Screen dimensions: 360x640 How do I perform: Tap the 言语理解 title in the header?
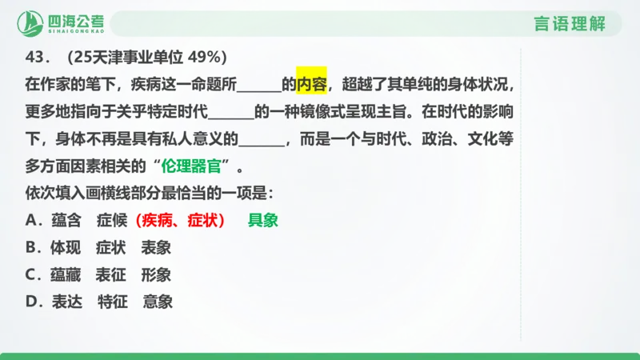568,23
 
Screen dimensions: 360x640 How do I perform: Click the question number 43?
38,58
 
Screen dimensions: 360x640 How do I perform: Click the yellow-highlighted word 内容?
311,83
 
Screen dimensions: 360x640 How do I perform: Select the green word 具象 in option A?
262,221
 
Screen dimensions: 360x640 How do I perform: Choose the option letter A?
30,221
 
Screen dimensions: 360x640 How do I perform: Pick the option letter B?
30,248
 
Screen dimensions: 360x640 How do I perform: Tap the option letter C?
30,275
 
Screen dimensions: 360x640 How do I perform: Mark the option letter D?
30,302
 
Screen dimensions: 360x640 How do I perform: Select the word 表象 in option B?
156,248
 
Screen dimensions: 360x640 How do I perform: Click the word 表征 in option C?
110,275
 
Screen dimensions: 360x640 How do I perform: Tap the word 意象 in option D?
158,302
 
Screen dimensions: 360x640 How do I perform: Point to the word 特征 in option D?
112,302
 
